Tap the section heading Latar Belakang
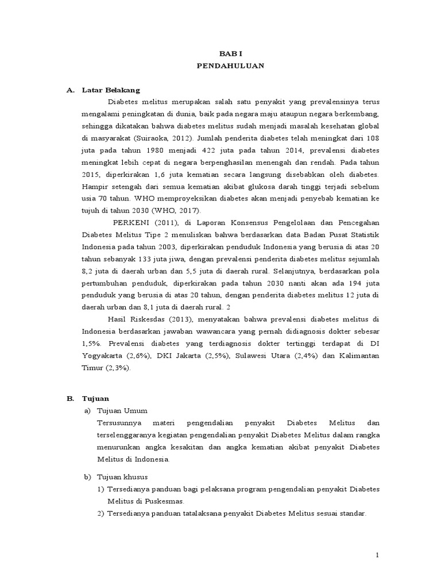point(111,90)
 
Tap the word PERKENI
point(131,222)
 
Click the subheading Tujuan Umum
point(123,411)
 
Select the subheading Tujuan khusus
point(123,477)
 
